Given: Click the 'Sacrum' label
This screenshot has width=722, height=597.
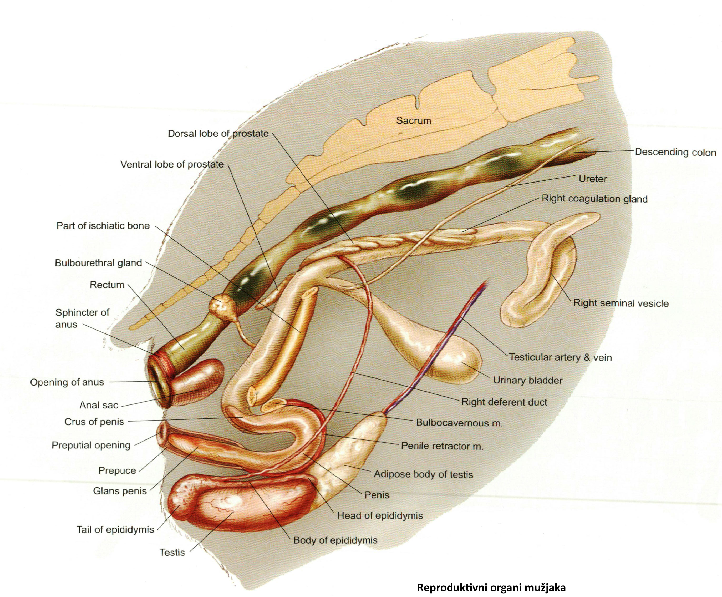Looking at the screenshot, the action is pyautogui.click(x=413, y=121).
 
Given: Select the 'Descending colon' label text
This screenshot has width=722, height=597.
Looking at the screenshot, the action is pyautogui.click(x=675, y=152).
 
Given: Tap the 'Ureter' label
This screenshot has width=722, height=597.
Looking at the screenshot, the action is pyautogui.click(x=593, y=179).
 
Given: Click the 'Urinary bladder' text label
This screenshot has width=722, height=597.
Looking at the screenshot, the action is pyautogui.click(x=528, y=380).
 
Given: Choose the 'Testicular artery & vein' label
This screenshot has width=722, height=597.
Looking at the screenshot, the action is pyautogui.click(x=560, y=357).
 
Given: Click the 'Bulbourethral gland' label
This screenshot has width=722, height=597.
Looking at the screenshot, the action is pyautogui.click(x=98, y=263).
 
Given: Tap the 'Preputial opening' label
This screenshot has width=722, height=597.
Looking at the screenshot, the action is pyautogui.click(x=91, y=445).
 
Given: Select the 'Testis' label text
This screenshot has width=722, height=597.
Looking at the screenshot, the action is pyautogui.click(x=172, y=552).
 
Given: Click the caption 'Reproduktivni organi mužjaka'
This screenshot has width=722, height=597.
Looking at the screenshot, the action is pyautogui.click(x=491, y=587).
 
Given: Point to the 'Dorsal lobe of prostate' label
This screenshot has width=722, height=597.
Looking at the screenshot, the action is pyautogui.click(x=218, y=134).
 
